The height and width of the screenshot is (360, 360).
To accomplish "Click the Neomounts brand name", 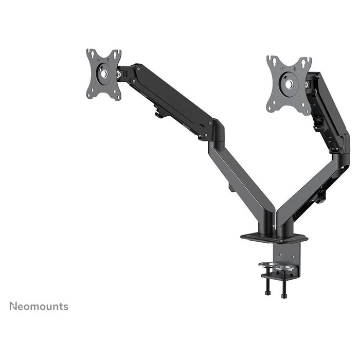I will click(x=39, y=307).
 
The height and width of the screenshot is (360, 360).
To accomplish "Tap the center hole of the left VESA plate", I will click(x=104, y=74).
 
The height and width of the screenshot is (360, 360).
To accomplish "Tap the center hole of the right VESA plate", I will click(x=289, y=83).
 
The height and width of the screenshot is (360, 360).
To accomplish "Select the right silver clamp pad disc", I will click(x=283, y=268).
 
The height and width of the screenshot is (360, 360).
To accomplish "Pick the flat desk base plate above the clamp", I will click(x=274, y=238).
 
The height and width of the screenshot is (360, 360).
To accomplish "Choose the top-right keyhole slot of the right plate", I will click(x=307, y=62).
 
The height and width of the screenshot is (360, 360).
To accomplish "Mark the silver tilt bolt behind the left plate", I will click(x=119, y=75).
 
